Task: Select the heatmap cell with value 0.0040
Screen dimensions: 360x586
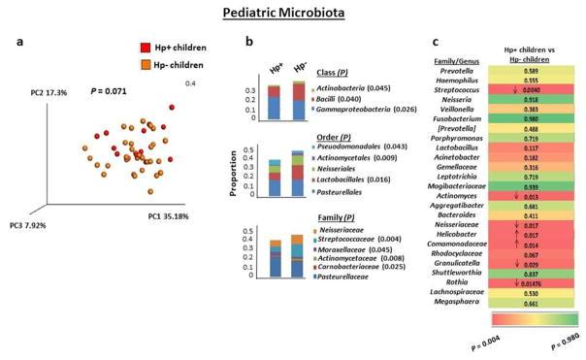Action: pyautogui.click(x=531, y=89)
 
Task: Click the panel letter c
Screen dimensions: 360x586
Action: pyautogui.click(x=436, y=43)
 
